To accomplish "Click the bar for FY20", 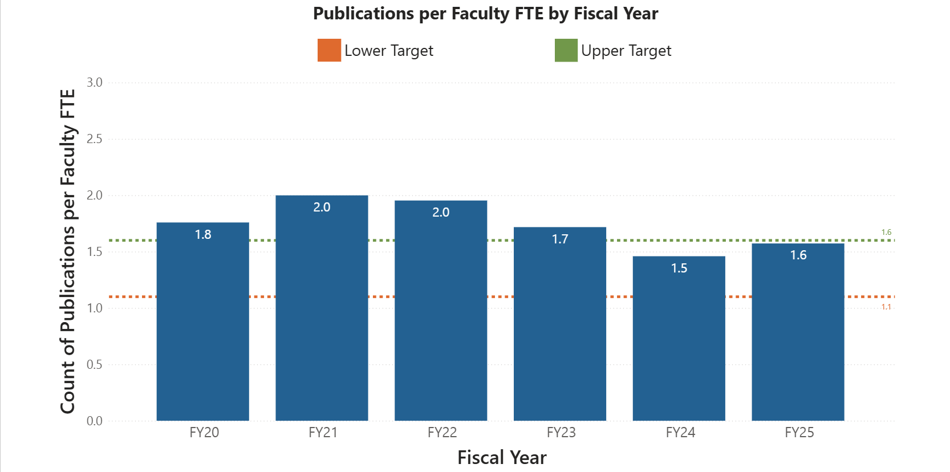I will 202,331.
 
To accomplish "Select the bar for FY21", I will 322,319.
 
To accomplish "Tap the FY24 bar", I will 679,348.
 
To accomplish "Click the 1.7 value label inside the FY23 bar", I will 560,239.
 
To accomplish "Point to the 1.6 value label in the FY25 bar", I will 798,255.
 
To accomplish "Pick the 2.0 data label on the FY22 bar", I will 441,213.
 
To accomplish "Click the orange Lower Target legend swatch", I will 329,50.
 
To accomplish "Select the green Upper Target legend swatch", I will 566,50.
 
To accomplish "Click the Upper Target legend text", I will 626,51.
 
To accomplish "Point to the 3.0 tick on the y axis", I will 95,83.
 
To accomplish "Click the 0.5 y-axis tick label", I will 95,364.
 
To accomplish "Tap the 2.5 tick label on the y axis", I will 95,139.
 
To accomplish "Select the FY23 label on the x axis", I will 561,433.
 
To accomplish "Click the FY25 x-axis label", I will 799,433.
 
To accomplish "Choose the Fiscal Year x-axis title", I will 502,458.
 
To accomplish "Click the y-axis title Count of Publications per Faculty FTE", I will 68,251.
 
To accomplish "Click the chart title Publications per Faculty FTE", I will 485,14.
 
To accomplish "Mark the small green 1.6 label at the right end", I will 886,233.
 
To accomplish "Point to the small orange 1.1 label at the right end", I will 886,307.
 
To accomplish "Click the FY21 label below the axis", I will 323,433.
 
